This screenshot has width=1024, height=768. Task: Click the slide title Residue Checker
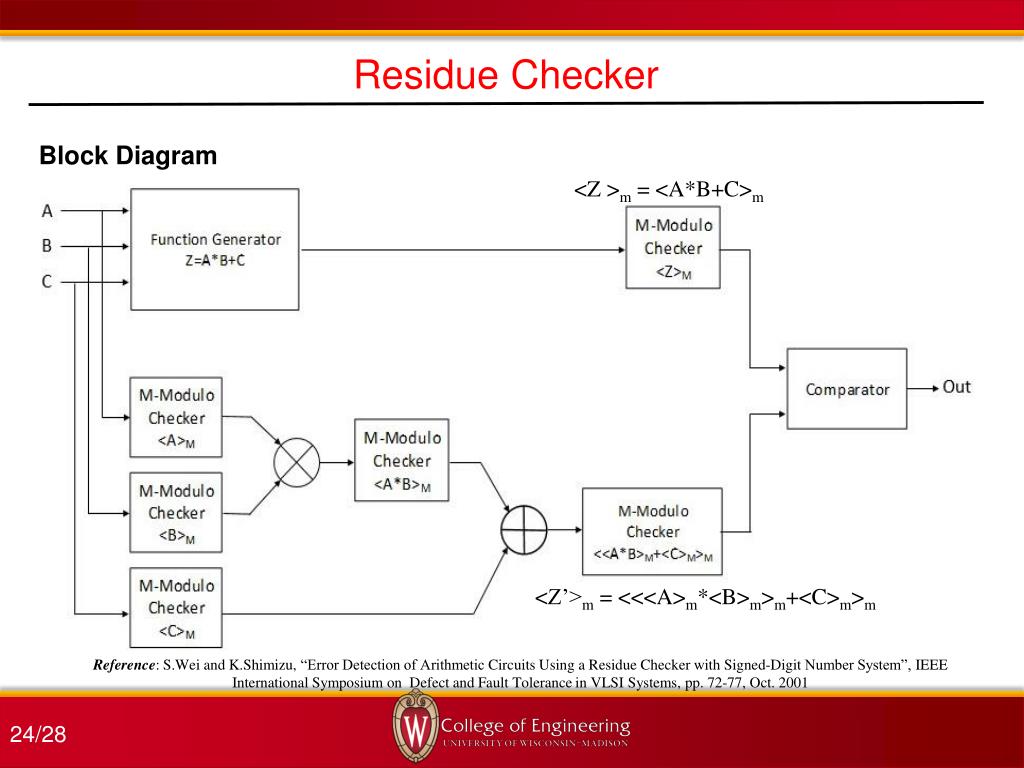click(507, 75)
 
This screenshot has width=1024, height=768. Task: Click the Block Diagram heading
click(128, 156)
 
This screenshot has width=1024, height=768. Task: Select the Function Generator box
click(215, 249)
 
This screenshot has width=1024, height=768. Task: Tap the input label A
click(47, 211)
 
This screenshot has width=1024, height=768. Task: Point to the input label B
click(47, 245)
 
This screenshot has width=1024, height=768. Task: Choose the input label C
click(47, 282)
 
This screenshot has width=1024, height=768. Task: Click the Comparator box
click(847, 389)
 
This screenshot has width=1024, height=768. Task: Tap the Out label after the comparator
click(956, 387)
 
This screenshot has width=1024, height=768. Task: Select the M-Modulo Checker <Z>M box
click(673, 249)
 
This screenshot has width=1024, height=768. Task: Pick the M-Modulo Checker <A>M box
click(176, 418)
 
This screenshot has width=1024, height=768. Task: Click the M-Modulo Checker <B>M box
click(176, 513)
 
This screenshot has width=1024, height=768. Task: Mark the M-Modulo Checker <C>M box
click(176, 607)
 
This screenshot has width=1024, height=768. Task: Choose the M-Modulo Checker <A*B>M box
click(401, 461)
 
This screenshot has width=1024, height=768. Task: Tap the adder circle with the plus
click(524, 526)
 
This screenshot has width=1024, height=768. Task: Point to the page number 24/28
click(38, 736)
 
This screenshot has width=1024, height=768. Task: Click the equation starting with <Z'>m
click(705, 599)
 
